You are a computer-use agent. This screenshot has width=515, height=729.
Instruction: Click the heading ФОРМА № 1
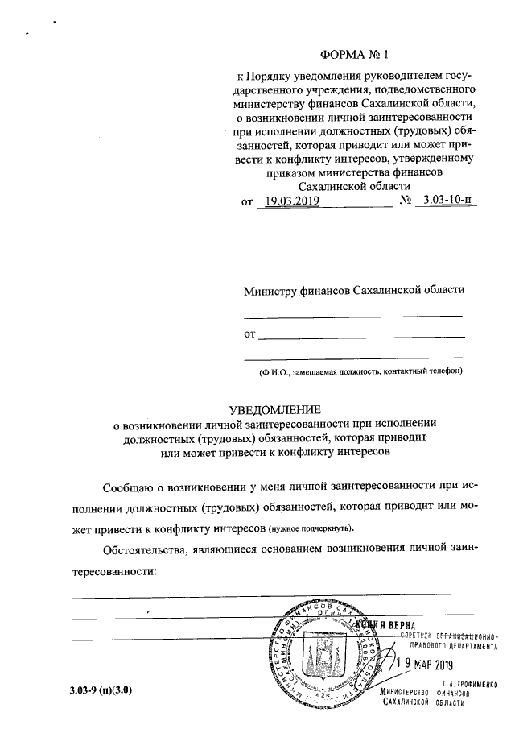pyautogui.click(x=353, y=56)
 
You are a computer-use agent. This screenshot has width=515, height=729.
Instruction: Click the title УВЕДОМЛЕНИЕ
pyautogui.click(x=275, y=408)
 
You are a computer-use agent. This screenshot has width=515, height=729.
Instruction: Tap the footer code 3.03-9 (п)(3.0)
pyautogui.click(x=101, y=690)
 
